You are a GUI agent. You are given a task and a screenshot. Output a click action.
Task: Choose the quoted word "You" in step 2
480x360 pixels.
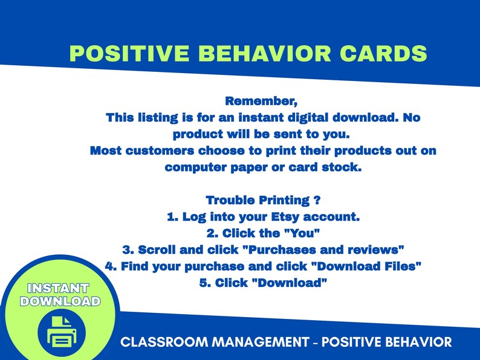pos(302,233)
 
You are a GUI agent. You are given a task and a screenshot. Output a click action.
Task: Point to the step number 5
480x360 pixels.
pos(203,282)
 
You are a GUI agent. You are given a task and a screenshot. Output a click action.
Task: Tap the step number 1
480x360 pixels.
pos(170,216)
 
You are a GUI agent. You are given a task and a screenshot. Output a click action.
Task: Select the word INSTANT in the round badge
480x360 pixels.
pos(59,288)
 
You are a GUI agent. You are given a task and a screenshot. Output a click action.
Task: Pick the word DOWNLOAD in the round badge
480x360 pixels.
pos(60,301)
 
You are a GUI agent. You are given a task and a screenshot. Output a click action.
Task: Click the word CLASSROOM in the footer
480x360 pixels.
pos(154,342)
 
